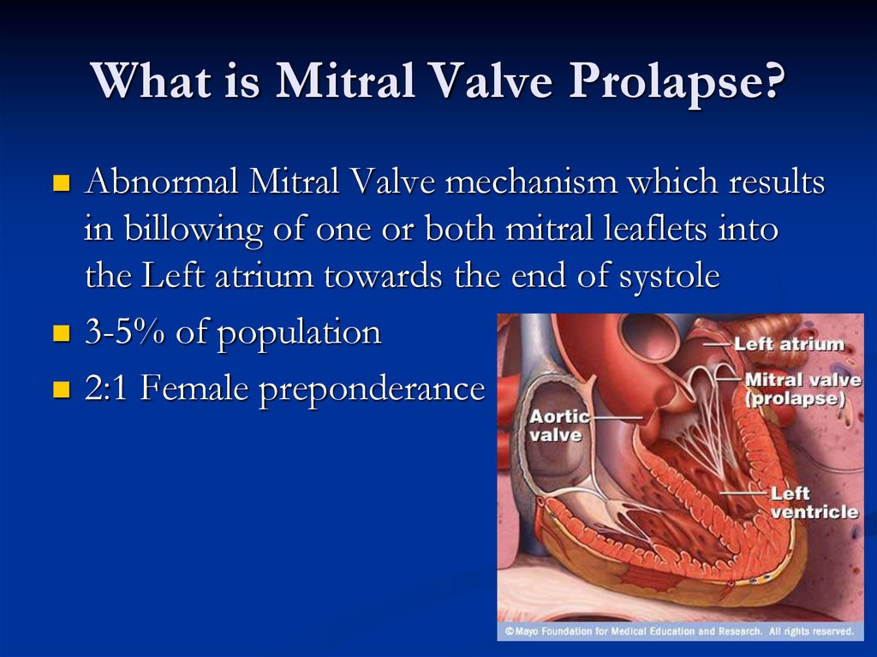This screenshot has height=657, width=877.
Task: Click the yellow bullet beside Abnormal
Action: coord(60,183)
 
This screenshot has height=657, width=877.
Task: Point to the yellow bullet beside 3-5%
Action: coord(60,333)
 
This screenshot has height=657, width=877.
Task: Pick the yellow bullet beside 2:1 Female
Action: coord(60,391)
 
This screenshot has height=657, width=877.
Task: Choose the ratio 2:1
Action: coord(108,390)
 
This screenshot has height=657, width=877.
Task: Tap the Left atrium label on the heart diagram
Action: coord(789,344)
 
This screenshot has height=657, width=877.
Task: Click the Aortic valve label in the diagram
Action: coord(558,426)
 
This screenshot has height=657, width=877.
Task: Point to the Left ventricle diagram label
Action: coord(814,502)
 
